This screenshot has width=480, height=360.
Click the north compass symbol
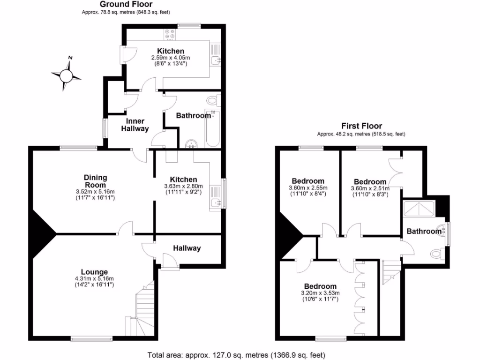67,74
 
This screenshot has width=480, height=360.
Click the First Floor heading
361,126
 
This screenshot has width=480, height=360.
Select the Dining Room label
96,181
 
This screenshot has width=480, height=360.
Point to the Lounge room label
94,272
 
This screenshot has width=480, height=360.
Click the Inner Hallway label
135,125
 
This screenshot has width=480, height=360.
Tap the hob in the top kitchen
170,34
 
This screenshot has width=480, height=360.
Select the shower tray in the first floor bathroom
419,207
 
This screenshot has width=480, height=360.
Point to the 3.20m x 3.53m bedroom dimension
319,293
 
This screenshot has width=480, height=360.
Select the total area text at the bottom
236,354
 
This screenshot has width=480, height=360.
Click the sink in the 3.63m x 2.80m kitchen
216,202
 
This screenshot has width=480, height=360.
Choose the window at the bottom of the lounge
85,338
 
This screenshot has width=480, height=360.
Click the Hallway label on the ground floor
187,248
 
